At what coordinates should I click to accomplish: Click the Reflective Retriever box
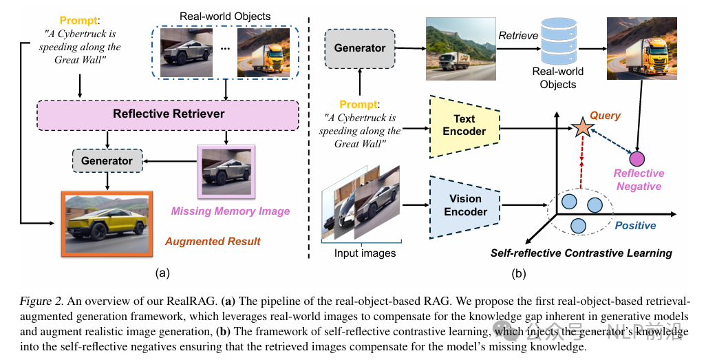169,114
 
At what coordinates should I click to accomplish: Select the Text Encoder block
464,125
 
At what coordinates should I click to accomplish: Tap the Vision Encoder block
465,205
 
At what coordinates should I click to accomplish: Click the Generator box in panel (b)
360,48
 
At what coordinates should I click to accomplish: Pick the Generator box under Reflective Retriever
107,161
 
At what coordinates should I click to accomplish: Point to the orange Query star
582,127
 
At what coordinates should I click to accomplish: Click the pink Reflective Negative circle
637,159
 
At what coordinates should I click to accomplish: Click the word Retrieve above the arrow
517,35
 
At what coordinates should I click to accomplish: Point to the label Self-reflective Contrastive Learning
581,253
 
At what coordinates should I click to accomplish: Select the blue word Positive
635,226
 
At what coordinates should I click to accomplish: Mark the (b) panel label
518,273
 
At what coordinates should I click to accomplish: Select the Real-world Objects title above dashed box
224,16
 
